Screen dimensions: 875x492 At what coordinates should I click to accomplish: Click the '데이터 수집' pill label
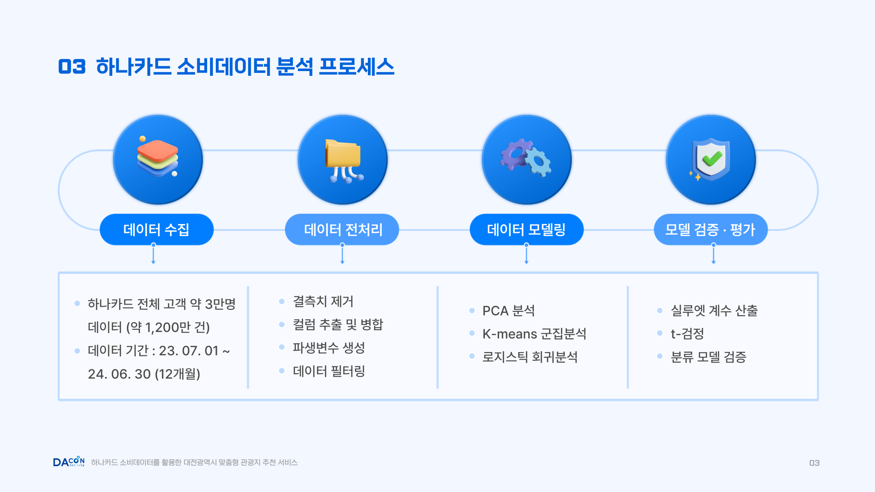pos(156,230)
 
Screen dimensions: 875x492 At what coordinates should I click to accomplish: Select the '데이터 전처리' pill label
pos(342,230)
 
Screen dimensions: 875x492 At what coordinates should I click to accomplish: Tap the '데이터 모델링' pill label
pos(526,230)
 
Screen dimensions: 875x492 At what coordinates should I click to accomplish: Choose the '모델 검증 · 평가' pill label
pos(711,230)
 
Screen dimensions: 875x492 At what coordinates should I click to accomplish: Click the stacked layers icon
pos(158,157)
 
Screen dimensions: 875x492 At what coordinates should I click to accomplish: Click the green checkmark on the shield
pos(712,159)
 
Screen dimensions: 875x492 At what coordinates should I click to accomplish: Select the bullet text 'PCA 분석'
pos(509,311)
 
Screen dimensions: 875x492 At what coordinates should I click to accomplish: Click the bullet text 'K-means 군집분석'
pos(534,334)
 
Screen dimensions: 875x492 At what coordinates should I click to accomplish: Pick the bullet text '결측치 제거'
pos(323,301)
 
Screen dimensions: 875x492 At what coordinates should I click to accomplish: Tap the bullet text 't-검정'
pos(687,334)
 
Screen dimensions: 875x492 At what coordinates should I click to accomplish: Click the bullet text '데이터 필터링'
pos(329,371)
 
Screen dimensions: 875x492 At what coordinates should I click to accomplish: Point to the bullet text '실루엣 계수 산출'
pos(714,311)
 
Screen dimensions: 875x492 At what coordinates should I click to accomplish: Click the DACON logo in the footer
pos(69,462)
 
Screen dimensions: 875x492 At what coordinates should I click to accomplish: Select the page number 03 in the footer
pos(814,463)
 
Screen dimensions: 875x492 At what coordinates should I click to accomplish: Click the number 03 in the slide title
pos(72,67)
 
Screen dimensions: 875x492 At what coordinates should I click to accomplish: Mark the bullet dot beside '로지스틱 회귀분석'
pos(472,356)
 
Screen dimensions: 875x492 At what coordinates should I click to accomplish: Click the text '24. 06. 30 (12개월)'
pos(144,374)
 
